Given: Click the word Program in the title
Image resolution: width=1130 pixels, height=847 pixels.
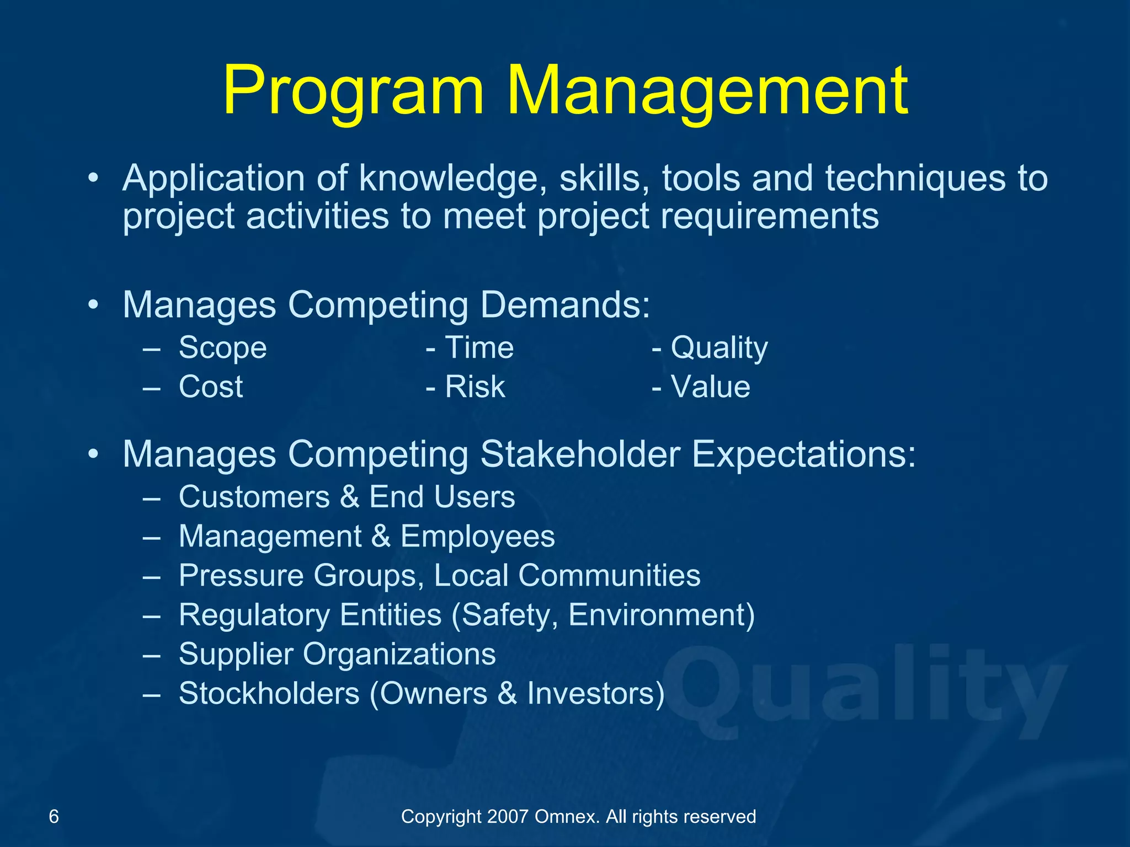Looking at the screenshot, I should (353, 91).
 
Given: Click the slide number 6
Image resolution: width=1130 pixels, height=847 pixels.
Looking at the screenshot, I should (54, 816).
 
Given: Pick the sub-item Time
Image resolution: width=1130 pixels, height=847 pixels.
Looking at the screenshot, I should (479, 347).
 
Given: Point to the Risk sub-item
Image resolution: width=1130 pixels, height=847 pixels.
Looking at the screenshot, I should (475, 387).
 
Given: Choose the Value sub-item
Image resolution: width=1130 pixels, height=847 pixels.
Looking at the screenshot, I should (710, 387).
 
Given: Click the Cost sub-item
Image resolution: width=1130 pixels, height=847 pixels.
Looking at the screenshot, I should (211, 387).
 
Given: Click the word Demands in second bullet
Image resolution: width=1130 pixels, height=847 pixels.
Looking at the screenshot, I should (565, 304).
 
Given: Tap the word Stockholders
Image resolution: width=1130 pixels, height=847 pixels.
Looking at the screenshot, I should (269, 693).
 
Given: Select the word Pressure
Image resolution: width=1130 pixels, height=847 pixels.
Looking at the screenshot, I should (241, 576).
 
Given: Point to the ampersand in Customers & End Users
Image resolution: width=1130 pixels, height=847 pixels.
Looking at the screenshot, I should (349, 497).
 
